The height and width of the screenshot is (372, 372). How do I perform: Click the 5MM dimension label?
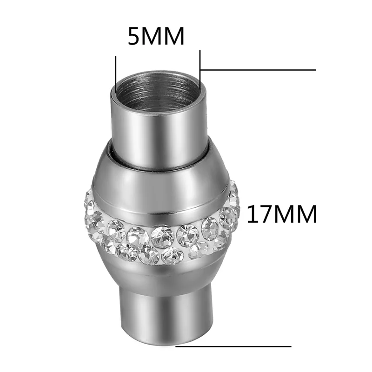(156, 36)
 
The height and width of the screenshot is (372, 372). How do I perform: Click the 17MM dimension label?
(282, 214)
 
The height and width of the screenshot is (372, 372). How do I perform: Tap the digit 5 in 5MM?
(135, 36)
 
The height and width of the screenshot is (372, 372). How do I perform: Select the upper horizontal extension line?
(258, 70)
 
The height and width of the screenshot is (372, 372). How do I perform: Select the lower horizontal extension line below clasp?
(233, 346)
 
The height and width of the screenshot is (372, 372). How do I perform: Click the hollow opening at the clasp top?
(157, 93)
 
